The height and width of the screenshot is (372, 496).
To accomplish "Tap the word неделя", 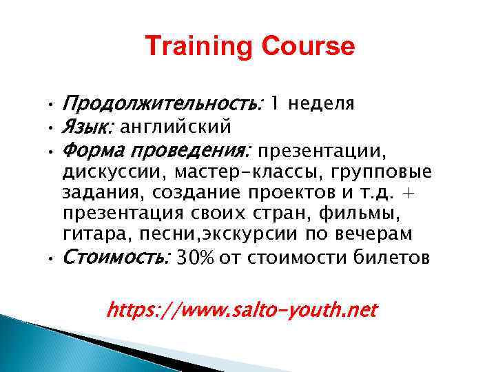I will (x=322, y=104).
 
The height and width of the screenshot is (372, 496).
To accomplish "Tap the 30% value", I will (x=196, y=258).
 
